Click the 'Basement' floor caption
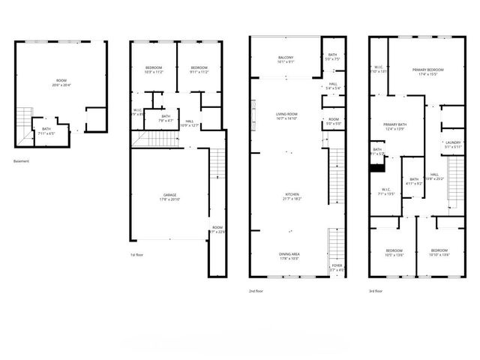coord(21,160)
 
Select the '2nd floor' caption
coord(256,290)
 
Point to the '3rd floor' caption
coord(376,290)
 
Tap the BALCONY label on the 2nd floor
coord(286,58)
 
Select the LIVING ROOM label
coord(286,113)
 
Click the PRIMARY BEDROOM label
coord(428,70)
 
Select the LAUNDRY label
coord(452,142)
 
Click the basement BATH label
coord(46,129)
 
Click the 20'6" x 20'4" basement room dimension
coord(61,85)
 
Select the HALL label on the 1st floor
coord(189,121)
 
